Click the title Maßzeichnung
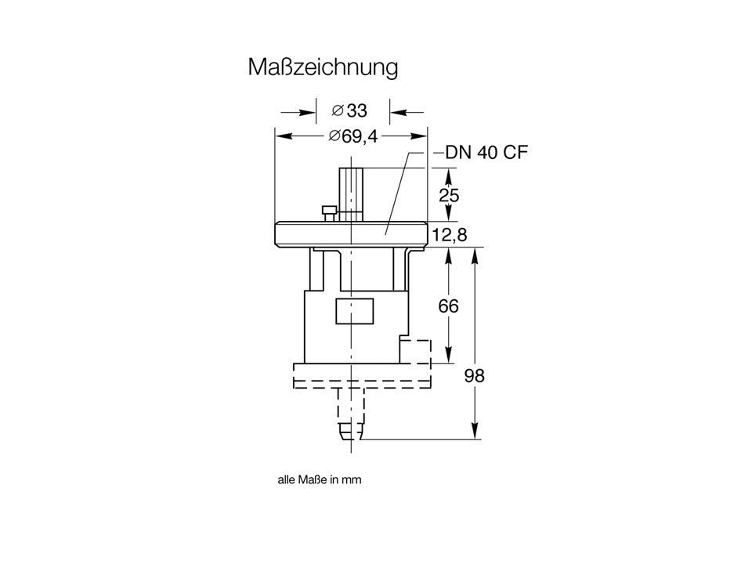point(323,67)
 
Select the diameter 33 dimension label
point(349,110)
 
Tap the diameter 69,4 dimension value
point(353,136)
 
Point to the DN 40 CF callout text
point(486,153)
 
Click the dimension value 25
point(449,195)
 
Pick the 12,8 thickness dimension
point(450,235)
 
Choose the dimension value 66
point(448,305)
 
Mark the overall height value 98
point(475,376)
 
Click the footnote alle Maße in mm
point(320,479)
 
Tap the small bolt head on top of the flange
point(329,210)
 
